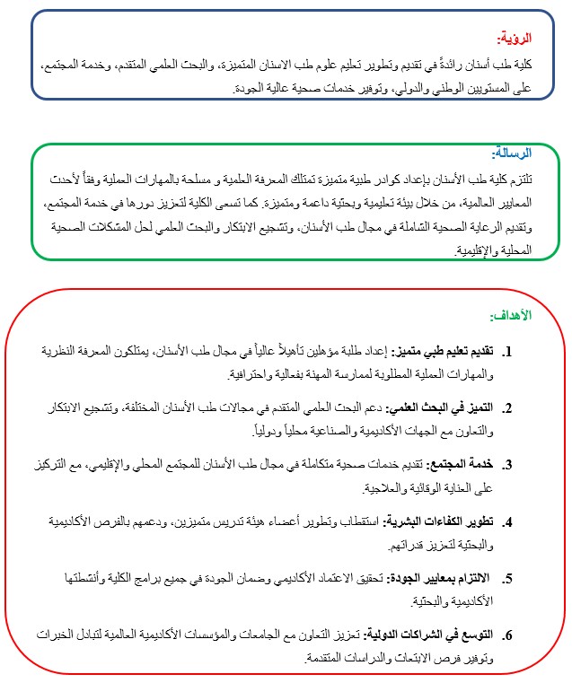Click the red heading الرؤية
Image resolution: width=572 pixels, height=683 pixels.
515,39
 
